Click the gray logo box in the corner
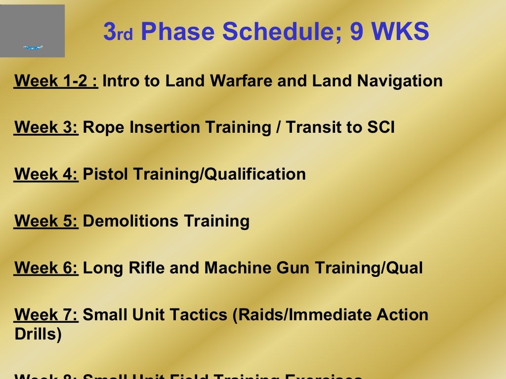[32, 31]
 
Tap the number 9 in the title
[357, 32]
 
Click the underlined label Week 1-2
[56, 80]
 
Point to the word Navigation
[400, 80]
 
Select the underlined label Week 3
[46, 127]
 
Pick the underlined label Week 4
[46, 174]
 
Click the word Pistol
[106, 174]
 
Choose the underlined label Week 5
[46, 221]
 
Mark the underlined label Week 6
[46, 268]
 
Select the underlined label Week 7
[46, 315]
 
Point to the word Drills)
[38, 334]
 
